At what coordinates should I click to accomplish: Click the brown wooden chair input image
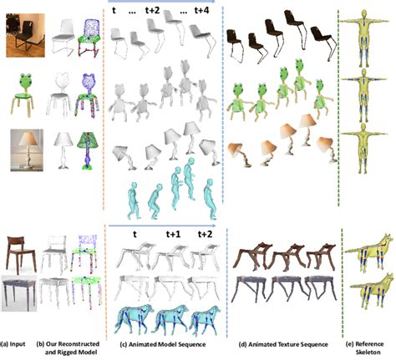[x=20, y=251]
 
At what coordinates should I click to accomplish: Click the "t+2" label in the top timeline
[x=155, y=10]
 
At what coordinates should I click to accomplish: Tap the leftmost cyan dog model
[x=134, y=312]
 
